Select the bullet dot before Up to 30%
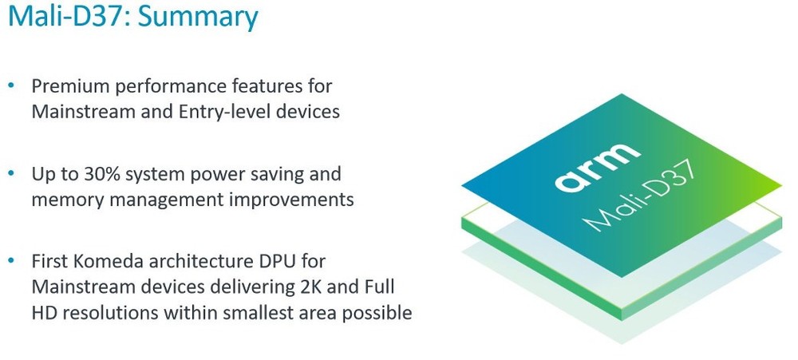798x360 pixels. coord(11,174)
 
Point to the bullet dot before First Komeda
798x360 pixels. coord(11,261)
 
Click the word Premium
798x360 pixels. coord(71,86)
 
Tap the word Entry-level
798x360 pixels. coord(225,112)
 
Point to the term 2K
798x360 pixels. coord(308,287)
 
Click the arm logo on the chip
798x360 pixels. coord(598,166)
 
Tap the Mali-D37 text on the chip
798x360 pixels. coord(638,196)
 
